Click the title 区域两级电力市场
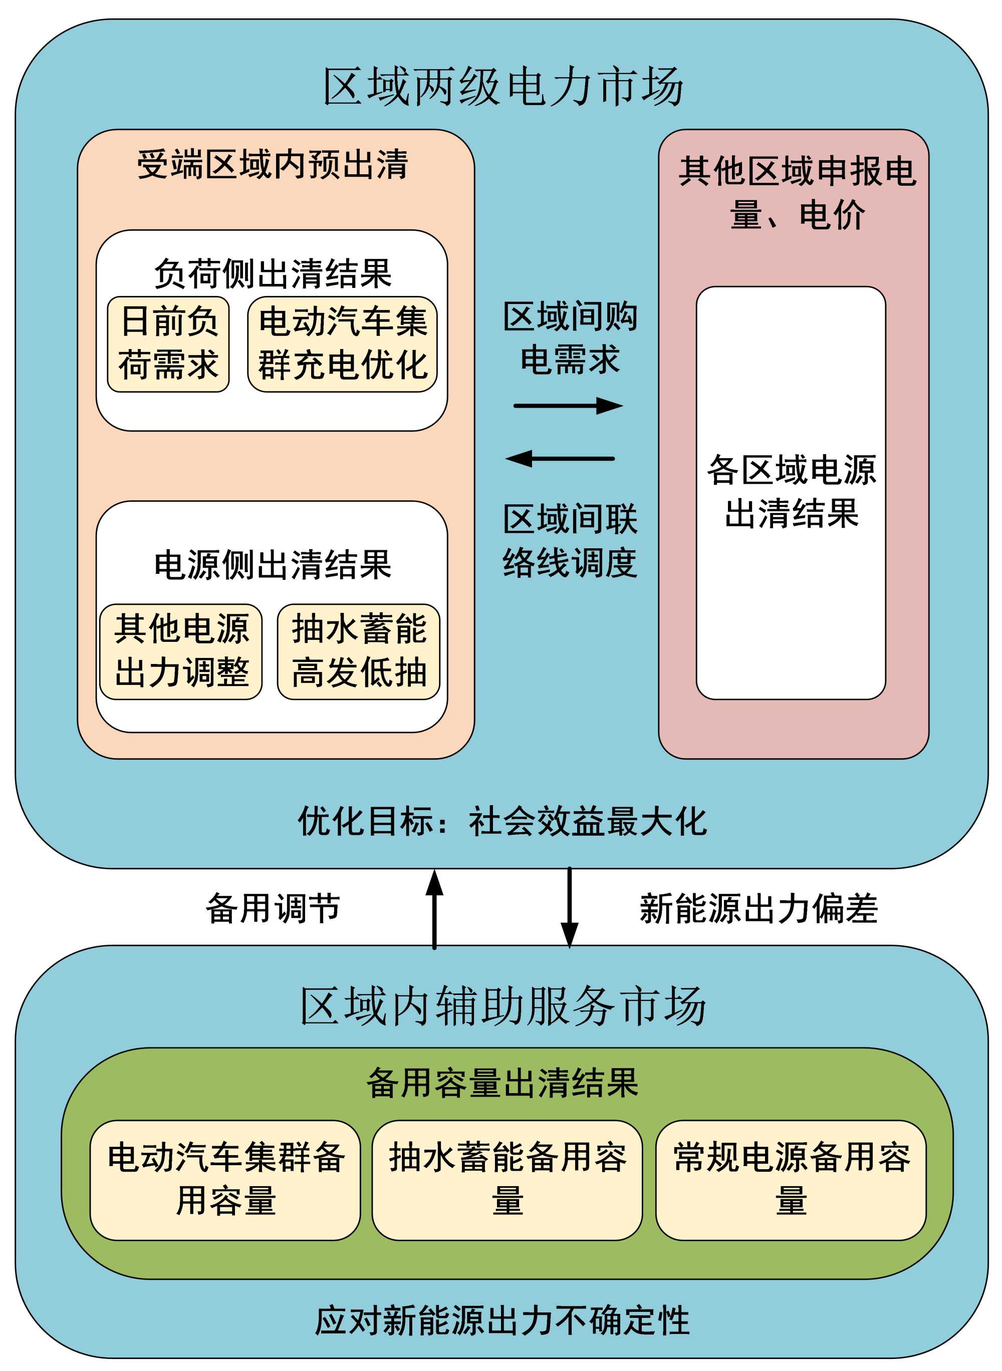503,86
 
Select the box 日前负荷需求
168,344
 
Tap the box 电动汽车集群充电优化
342,344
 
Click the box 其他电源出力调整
181,651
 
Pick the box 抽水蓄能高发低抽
358,651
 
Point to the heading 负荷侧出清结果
273,274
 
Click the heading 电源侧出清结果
273,565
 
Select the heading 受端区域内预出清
273,164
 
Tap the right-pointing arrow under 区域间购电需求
568,406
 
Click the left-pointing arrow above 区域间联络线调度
560,459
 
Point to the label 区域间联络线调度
570,541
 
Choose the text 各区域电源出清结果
791,492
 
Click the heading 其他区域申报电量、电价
797,193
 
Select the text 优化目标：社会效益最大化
502,821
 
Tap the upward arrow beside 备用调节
434,909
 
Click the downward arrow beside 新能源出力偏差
569,908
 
